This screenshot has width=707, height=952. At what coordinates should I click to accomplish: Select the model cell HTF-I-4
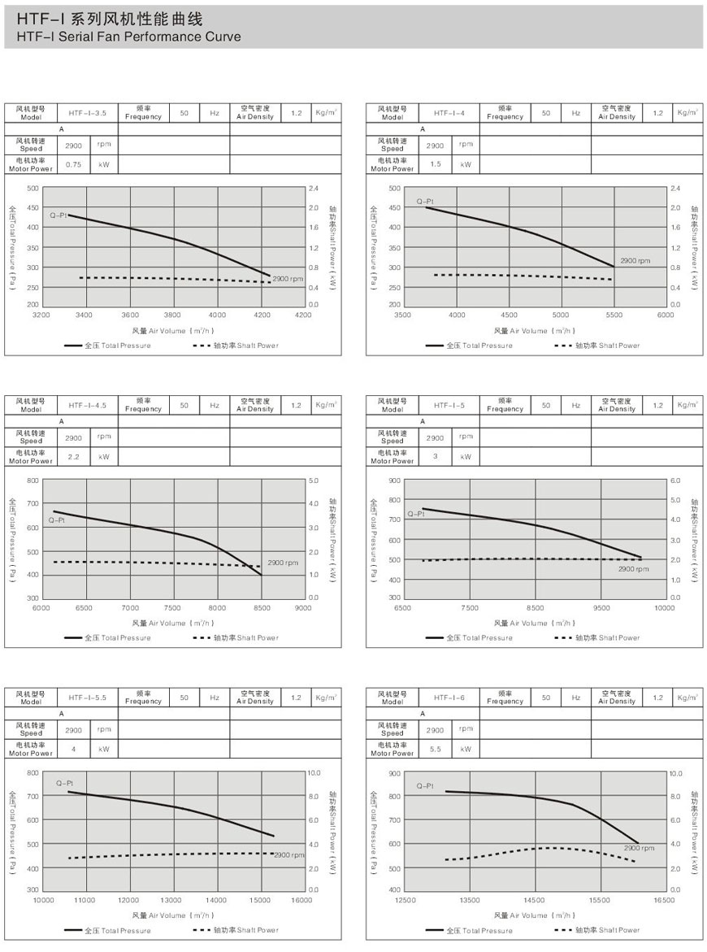click(449, 113)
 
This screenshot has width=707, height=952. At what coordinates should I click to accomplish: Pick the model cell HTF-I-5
click(449, 405)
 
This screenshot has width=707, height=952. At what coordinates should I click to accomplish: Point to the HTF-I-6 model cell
click(449, 698)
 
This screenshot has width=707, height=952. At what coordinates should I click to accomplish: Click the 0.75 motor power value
click(74, 164)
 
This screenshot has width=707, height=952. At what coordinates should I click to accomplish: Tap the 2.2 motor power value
click(74, 457)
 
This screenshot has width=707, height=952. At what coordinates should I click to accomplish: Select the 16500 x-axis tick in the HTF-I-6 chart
click(664, 900)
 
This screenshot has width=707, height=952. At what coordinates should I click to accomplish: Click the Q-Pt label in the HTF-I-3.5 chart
click(57, 215)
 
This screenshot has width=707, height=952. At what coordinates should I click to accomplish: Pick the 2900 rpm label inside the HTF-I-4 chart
click(635, 261)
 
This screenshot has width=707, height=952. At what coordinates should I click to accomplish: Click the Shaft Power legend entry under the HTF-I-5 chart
click(598, 637)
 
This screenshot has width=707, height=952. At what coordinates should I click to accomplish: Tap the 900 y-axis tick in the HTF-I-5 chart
click(395, 480)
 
